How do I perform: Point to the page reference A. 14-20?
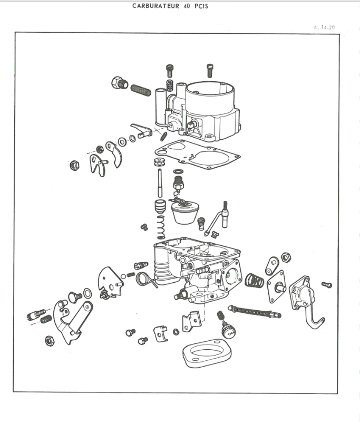[324, 27]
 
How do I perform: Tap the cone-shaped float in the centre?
[184, 212]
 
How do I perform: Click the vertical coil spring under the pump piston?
[161, 227]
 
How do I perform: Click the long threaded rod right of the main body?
[254, 312]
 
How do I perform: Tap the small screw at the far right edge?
[327, 285]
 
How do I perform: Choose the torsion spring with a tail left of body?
[145, 279]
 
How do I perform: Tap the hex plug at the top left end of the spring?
[119, 83]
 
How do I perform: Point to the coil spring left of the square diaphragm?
[255, 281]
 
